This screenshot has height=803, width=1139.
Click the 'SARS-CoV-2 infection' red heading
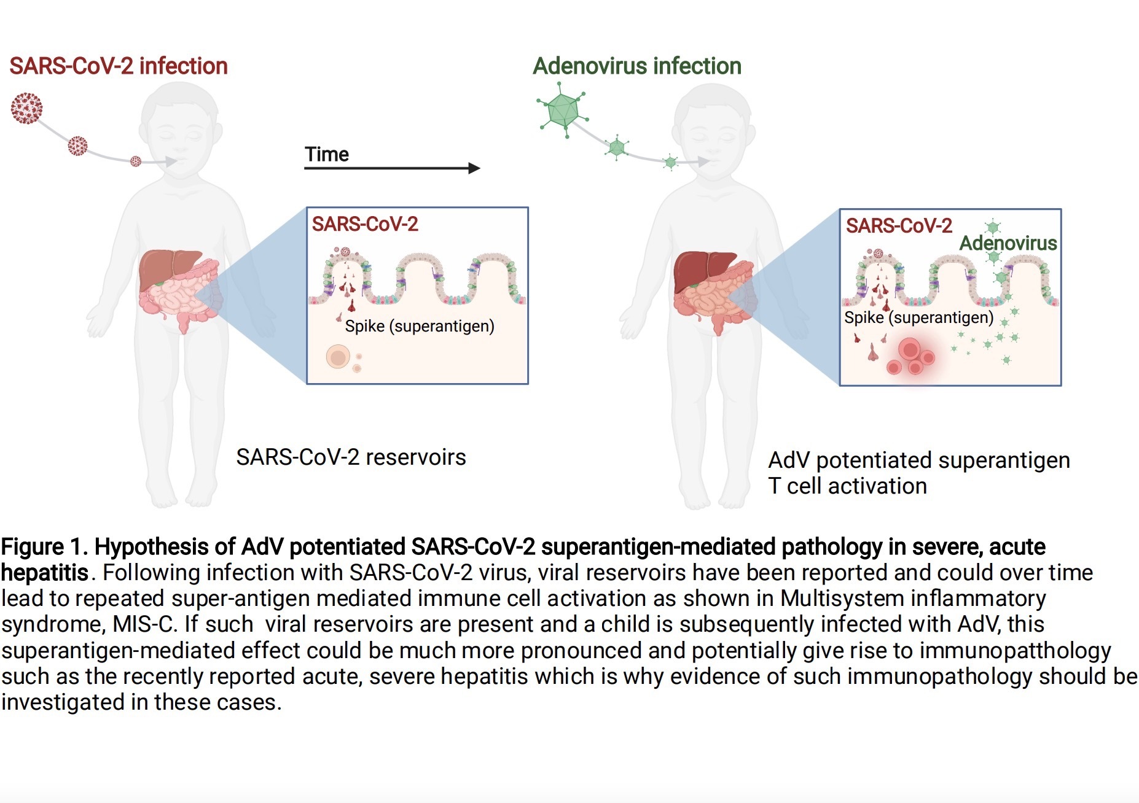119,66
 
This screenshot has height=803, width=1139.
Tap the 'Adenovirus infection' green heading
636,66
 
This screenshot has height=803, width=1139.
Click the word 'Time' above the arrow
327,154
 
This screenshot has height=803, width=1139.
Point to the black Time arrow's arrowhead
474,168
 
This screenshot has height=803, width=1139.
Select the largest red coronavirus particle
27,109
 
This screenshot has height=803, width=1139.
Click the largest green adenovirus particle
562,109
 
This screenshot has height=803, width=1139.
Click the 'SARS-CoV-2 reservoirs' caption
351,457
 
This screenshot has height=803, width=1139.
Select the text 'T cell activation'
847,486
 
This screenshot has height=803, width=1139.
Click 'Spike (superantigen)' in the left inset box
420,326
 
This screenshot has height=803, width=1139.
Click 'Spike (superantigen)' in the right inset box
918,317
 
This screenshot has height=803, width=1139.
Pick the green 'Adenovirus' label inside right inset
1008,243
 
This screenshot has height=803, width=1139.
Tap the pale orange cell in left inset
338,357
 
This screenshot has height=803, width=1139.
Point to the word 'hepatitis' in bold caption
45,573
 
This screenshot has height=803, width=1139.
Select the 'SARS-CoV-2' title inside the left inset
365,224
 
